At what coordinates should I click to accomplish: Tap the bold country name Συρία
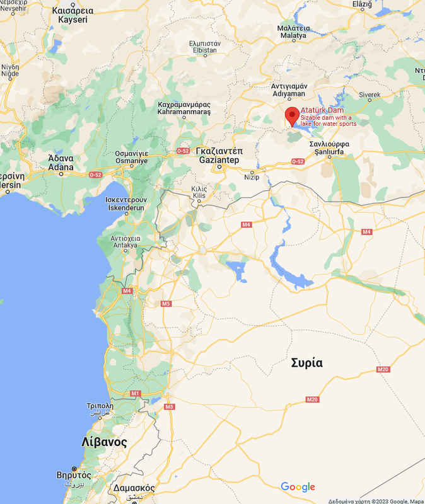(x=307, y=363)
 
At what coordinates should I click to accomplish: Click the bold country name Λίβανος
(x=105, y=442)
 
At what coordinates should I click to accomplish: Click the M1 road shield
(x=135, y=393)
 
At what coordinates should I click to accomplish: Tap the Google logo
(x=298, y=487)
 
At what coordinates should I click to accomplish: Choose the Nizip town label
(x=252, y=177)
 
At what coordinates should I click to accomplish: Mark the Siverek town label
(x=370, y=95)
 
